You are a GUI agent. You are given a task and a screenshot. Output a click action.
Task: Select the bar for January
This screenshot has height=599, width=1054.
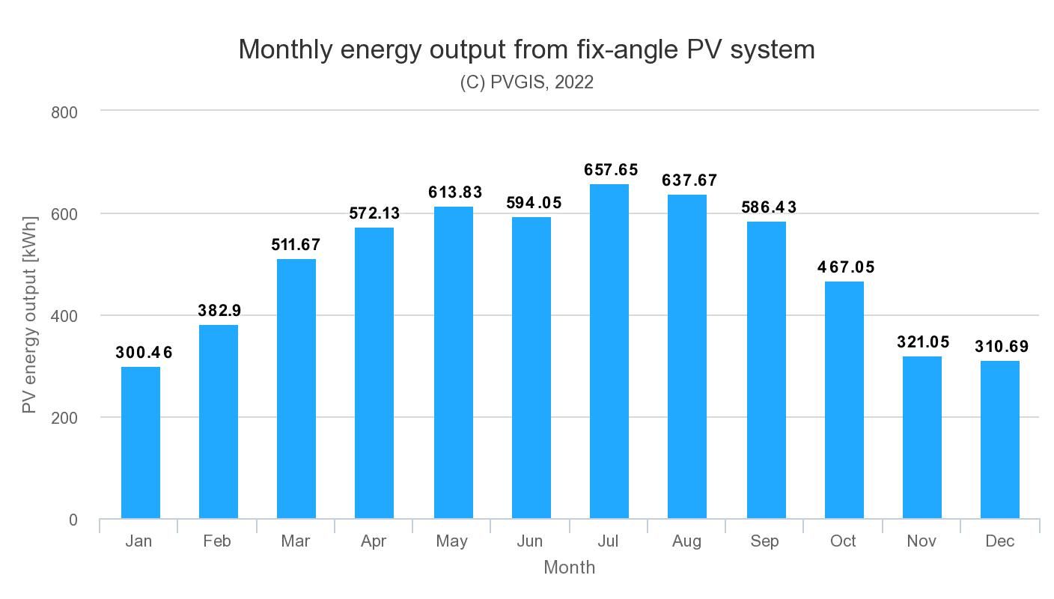[x=141, y=443]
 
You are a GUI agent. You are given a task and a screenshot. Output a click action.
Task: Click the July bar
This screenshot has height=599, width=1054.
[x=609, y=351]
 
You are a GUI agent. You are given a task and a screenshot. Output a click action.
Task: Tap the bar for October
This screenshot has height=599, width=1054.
[x=844, y=400]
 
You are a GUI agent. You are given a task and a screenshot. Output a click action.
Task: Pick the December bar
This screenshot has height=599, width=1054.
[x=1000, y=440]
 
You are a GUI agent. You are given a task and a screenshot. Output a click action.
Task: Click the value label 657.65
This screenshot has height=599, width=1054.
[x=611, y=170]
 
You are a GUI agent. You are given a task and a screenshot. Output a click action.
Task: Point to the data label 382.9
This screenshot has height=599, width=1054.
[x=219, y=311]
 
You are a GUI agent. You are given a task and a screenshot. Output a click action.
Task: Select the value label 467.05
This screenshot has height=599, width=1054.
[x=846, y=267]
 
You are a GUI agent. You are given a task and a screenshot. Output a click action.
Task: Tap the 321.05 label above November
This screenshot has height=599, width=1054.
[x=923, y=342]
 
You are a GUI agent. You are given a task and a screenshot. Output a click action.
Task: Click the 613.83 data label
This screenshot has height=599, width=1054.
[x=455, y=192]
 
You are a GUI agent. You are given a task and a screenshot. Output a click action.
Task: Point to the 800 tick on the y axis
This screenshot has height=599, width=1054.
[x=64, y=113]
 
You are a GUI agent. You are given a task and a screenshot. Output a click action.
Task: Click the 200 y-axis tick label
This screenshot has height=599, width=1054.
[x=64, y=418]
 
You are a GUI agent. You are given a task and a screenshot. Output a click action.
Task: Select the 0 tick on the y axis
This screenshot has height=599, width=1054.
[x=73, y=520]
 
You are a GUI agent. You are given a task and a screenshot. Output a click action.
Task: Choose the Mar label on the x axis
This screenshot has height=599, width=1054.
[x=296, y=541]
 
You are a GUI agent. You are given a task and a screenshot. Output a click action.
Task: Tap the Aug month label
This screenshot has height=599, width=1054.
[x=686, y=541]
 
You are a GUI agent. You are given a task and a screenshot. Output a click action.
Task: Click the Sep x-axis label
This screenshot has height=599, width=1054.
[x=764, y=541]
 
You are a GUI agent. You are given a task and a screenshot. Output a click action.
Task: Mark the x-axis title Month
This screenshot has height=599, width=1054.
[x=570, y=568]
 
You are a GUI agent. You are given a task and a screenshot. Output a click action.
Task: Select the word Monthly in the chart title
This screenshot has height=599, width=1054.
[x=286, y=49]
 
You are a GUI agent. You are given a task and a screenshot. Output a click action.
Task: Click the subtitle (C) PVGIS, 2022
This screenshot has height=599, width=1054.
[x=527, y=82]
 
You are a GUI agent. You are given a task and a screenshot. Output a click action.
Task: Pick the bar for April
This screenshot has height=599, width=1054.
[x=374, y=373]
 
